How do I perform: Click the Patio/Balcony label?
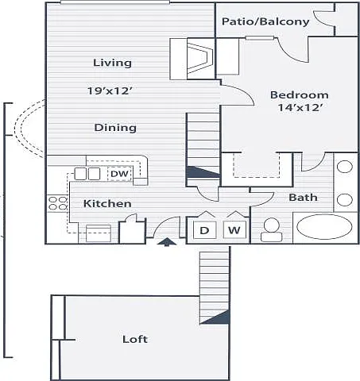click(265, 21)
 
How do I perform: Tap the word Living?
click(112, 63)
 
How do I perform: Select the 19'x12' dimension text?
click(110, 90)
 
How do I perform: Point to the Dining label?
click(115, 128)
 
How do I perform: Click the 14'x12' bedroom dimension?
click(300, 107)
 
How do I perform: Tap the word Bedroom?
click(300, 94)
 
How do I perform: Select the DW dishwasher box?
click(120, 174)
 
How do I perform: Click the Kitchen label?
click(107, 203)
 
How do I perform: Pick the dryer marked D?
click(204, 230)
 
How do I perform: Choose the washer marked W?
click(234, 230)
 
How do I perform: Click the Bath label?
click(303, 197)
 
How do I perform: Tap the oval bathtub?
click(324, 227)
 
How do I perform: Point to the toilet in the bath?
click(272, 229)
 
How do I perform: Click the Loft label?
click(135, 339)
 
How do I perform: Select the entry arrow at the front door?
click(167, 242)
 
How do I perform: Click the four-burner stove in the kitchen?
click(58, 203)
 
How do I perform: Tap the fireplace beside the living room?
click(200, 59)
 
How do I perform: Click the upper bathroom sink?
click(345, 167)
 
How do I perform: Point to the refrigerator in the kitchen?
click(99, 233)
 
